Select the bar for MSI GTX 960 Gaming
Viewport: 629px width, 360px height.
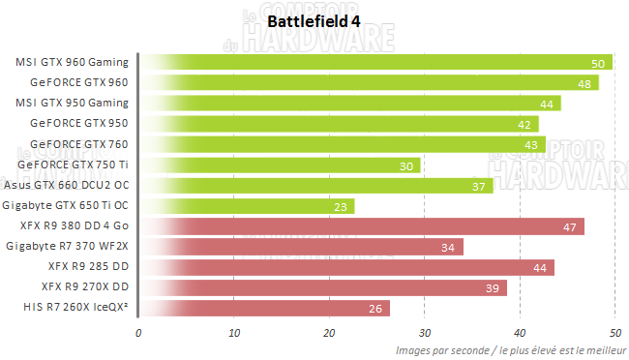377,62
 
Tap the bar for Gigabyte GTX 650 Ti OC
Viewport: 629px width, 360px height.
248,206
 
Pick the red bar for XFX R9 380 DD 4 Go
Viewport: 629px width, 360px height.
363,226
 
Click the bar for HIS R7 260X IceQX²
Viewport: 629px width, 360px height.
265,308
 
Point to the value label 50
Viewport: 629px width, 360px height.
597,63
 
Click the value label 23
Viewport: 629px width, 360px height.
340,206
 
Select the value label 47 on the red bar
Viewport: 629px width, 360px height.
569,226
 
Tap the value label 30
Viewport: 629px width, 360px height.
405,165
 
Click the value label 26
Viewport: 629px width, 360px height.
374,309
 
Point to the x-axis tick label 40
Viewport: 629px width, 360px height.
520,332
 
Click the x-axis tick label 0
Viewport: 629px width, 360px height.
138,332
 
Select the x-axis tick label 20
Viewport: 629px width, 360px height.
329,332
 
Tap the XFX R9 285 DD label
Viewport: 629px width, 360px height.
88,267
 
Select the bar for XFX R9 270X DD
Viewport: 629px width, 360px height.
323,287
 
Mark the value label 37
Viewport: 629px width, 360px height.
478,186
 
